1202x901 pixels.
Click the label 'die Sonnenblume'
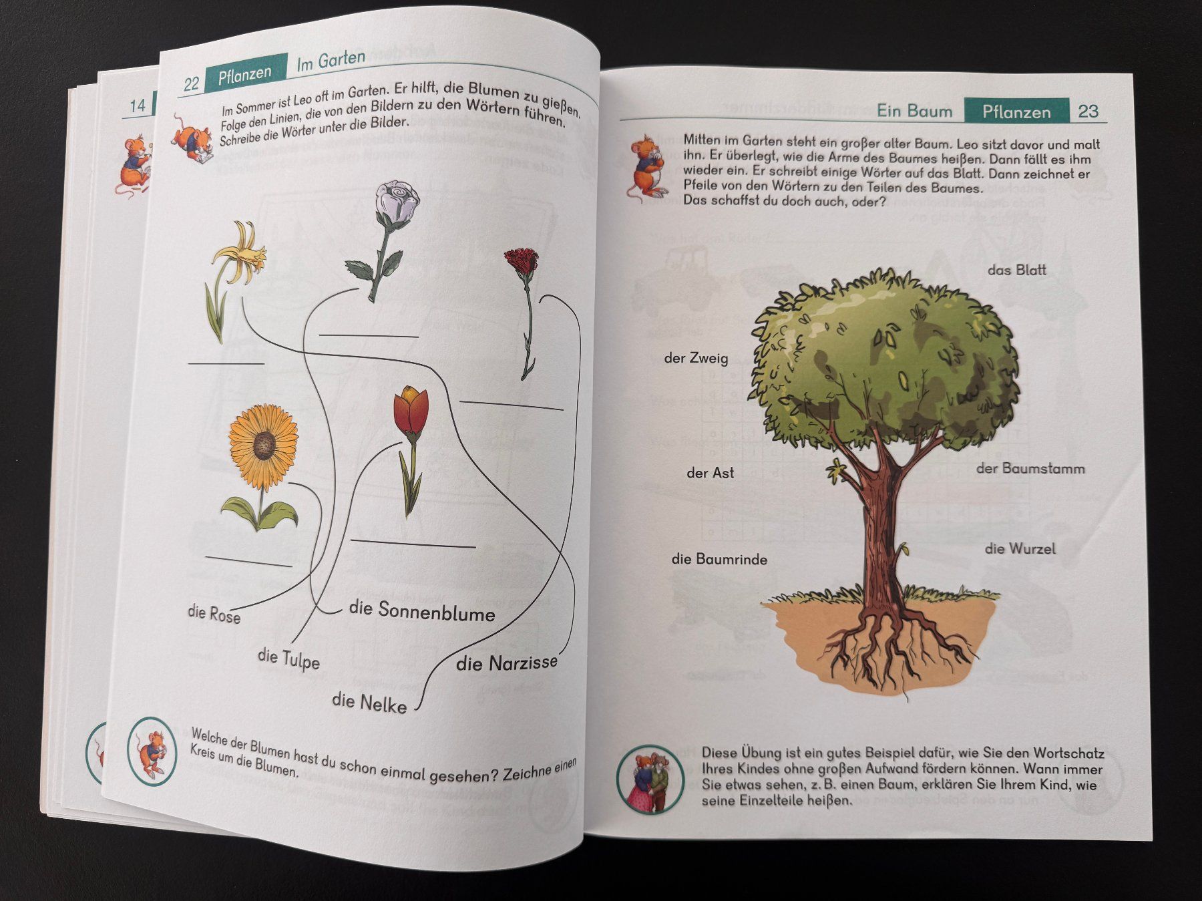[x=422, y=611]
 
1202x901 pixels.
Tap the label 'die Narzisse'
[x=507, y=663]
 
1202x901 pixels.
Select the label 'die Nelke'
[x=369, y=701]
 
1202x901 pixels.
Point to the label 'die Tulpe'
[x=288, y=659]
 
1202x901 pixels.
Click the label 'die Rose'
[x=214, y=613]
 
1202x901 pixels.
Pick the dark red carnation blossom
[x=522, y=261]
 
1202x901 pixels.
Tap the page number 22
[x=191, y=83]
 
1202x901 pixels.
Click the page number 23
[x=1088, y=111]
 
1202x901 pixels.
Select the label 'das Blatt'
[x=1016, y=270]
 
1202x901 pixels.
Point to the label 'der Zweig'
[x=696, y=358]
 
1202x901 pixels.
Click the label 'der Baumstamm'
[x=1030, y=468]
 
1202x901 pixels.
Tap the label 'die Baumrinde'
[x=719, y=559]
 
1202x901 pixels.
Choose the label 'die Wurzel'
[x=1020, y=548]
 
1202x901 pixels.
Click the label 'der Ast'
[x=710, y=473]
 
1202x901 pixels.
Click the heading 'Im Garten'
[x=331, y=61]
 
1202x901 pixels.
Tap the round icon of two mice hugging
[x=650, y=779]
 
